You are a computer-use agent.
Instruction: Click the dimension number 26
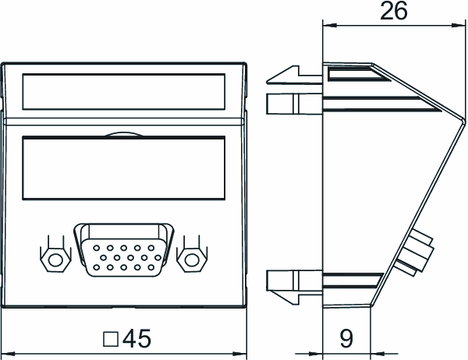(393, 11)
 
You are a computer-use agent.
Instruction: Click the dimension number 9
(346, 338)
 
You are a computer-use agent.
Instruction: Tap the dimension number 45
(137, 338)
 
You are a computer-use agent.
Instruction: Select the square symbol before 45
(111, 340)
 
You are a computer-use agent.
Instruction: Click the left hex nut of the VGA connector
(55, 260)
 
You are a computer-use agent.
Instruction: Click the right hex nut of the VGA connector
(192, 259)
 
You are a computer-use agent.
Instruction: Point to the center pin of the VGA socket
(131, 257)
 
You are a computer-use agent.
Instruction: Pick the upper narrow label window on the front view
(123, 92)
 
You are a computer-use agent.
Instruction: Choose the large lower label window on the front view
(123, 168)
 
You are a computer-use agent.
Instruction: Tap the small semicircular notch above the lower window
(123, 135)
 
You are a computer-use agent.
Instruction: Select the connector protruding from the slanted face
(415, 253)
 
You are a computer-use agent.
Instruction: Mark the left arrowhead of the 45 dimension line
(8, 354)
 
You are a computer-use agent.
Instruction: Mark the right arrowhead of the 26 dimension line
(459, 26)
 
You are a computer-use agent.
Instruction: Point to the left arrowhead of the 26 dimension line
(330, 26)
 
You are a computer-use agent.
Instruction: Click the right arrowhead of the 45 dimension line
(239, 354)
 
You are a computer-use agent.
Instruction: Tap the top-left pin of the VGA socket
(97, 248)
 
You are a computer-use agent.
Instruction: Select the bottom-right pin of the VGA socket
(151, 267)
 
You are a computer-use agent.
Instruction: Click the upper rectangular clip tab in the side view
(294, 104)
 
